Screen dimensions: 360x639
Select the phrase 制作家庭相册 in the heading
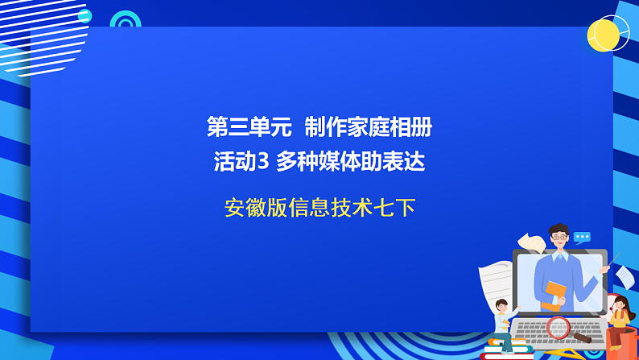pyautogui.click(x=368, y=126)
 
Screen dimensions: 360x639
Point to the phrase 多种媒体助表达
pyautogui.click(x=350, y=162)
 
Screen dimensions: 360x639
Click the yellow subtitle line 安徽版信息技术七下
pyautogui.click(x=319, y=208)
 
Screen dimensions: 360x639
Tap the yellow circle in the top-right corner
pyautogui.click(x=603, y=35)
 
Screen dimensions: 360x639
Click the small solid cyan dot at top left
pyautogui.click(x=85, y=16)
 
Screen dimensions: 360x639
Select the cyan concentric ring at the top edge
pyautogui.click(x=125, y=22)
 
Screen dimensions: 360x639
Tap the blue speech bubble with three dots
pyautogui.click(x=582, y=237)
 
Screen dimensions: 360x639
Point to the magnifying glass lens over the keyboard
pyautogui.click(x=558, y=326)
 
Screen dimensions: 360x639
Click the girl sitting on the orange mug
pyautogui.click(x=617, y=312)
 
